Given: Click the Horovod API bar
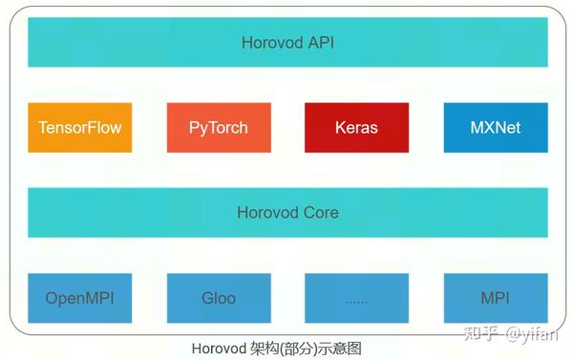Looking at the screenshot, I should point(287,42).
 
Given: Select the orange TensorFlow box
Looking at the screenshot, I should point(80,127).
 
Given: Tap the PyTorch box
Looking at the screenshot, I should point(219,127).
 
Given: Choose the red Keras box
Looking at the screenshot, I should point(356,127).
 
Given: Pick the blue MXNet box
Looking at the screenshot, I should point(496,127).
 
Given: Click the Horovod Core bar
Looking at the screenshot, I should point(287,212).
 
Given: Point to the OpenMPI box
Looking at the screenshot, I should point(80,298).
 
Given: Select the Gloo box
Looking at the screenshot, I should point(219,298).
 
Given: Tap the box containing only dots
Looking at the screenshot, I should point(356,298).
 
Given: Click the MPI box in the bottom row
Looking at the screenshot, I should point(496,298).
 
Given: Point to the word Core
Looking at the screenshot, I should point(321,213).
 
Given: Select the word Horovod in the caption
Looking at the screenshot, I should point(219,349).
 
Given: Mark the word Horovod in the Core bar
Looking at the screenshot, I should point(268,213).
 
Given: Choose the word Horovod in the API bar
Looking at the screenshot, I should point(271,43).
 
